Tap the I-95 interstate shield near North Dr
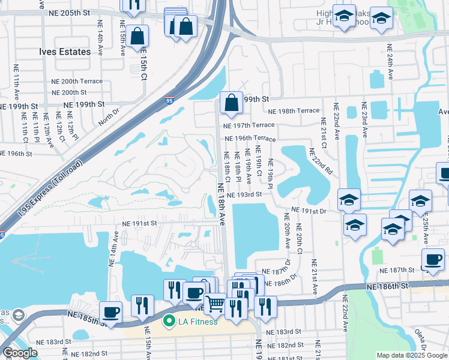pyautogui.click(x=171, y=103)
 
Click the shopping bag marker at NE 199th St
pyautogui.click(x=231, y=104)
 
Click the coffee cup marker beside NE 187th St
pyautogui.click(x=433, y=260)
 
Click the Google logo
pyautogui.click(x=20, y=353)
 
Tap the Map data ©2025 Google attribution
pyautogui.click(x=411, y=355)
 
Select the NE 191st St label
pyautogui.click(x=139, y=223)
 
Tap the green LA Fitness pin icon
pyautogui.click(x=169, y=322)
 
